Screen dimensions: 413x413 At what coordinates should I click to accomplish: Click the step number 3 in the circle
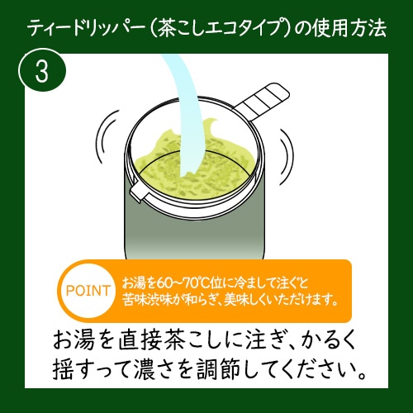coord(42,71)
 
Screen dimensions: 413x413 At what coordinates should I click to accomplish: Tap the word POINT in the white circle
coord(88,291)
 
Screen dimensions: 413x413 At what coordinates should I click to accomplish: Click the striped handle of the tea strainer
coord(262,102)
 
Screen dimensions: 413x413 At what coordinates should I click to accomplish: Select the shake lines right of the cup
coord(287,157)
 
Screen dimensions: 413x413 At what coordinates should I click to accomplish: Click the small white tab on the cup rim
coord(139,192)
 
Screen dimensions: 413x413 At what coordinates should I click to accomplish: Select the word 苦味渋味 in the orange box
coord(148,299)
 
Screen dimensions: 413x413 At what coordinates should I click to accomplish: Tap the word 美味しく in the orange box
coord(245,299)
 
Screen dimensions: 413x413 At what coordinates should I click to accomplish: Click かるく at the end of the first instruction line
coord(328,340)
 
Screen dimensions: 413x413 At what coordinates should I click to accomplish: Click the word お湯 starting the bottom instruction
coord(74,340)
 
